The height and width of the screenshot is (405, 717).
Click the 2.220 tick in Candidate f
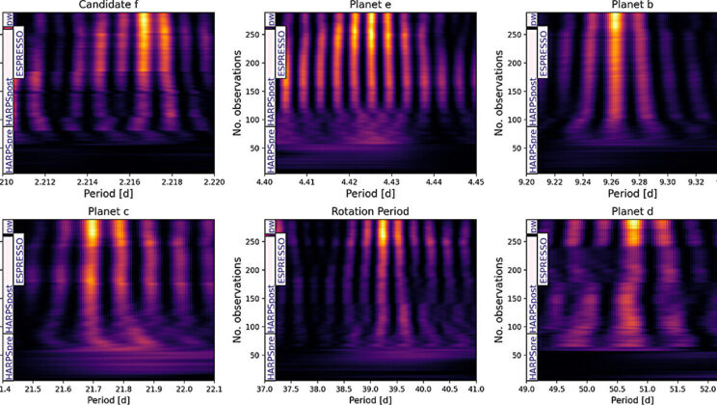click(x=213, y=180)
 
